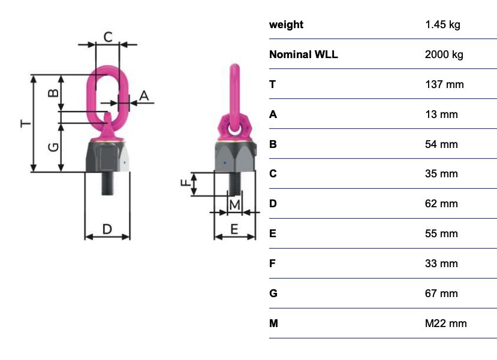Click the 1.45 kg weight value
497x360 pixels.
tap(442, 25)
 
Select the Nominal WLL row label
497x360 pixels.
tap(303, 55)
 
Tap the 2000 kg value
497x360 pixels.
tap(444, 55)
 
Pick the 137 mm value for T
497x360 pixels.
tap(444, 84)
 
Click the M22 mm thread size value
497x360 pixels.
tap(445, 323)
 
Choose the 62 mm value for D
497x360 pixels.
tap(441, 204)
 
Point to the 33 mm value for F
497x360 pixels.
tap(441, 264)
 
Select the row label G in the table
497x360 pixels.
tap(273, 293)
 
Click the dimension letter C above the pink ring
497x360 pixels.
tap(108, 37)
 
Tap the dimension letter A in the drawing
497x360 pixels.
tap(144, 96)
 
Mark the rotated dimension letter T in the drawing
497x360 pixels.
tap(26, 123)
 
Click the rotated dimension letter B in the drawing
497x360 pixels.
tap(53, 93)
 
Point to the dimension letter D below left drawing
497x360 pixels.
tap(107, 229)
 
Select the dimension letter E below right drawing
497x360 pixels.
tap(234, 229)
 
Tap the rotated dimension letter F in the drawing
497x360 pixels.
tap(185, 183)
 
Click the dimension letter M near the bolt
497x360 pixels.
tap(234, 205)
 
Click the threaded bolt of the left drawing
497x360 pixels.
tap(107, 183)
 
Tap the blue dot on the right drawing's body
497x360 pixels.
tap(225, 163)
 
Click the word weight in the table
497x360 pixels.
tap(286, 25)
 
